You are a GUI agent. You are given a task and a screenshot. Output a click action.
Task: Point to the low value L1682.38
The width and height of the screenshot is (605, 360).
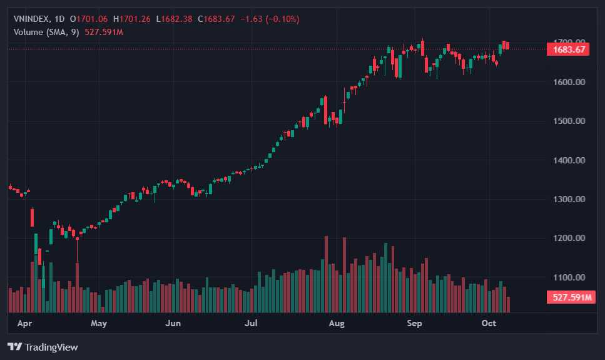[175, 19]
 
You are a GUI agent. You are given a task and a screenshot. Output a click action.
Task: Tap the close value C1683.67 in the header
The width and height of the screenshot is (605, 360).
[216, 19]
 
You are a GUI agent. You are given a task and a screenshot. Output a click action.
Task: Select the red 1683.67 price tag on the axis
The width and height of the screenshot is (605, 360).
[568, 49]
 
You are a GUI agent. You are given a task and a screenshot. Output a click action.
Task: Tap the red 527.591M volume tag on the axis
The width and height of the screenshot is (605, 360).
[569, 297]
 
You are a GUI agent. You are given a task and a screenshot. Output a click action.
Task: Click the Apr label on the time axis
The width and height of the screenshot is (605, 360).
[25, 324]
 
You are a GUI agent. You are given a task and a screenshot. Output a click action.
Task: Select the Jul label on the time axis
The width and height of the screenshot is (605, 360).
[252, 324]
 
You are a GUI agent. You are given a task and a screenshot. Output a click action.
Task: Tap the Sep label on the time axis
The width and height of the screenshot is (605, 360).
[414, 324]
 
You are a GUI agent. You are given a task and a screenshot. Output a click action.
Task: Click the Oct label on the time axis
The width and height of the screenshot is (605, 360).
[489, 324]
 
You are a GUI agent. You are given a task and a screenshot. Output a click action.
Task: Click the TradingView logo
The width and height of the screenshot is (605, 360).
[43, 347]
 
